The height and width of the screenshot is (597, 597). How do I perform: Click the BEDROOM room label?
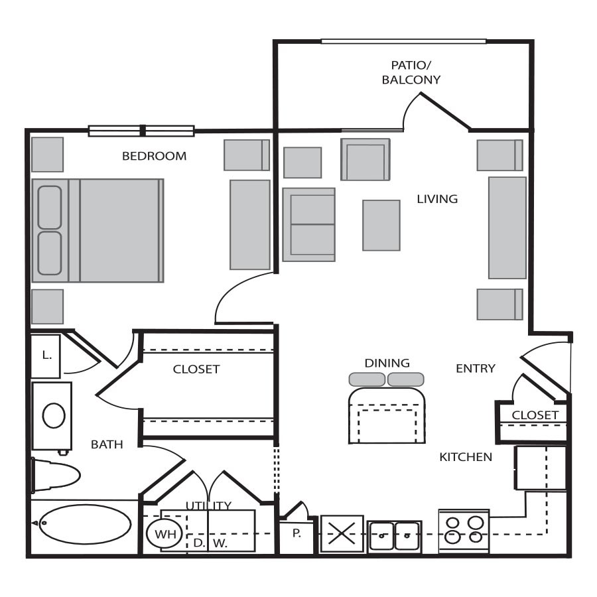[x=154, y=156]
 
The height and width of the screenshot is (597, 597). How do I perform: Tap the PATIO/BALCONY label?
[x=411, y=72]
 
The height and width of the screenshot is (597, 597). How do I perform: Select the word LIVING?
[x=437, y=199]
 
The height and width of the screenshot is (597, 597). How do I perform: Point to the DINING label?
[x=387, y=363]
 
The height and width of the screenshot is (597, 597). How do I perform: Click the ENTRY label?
[x=476, y=368]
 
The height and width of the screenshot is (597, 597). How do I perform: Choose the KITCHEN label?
[x=466, y=457]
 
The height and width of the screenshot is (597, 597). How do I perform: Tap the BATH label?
[x=107, y=444]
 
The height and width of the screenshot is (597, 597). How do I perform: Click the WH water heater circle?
[x=165, y=534]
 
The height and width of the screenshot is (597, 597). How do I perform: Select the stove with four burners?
[x=464, y=531]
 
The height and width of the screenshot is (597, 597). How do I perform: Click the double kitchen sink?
[x=395, y=537]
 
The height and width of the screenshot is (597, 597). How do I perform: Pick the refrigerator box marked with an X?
[x=342, y=533]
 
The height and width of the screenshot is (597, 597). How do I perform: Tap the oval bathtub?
[x=86, y=524]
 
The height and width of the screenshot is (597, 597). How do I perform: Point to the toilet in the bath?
[x=56, y=475]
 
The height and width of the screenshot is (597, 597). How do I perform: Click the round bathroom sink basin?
[x=54, y=415]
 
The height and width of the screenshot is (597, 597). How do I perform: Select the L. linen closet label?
[x=46, y=356]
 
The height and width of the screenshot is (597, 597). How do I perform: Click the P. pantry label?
[x=297, y=534]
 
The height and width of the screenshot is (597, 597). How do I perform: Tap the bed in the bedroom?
[x=98, y=231]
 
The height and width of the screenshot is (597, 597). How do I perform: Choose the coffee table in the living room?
[x=381, y=226]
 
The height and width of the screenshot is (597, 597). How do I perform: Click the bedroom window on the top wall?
[x=142, y=131]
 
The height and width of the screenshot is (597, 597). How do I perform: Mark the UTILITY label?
[x=209, y=505]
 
